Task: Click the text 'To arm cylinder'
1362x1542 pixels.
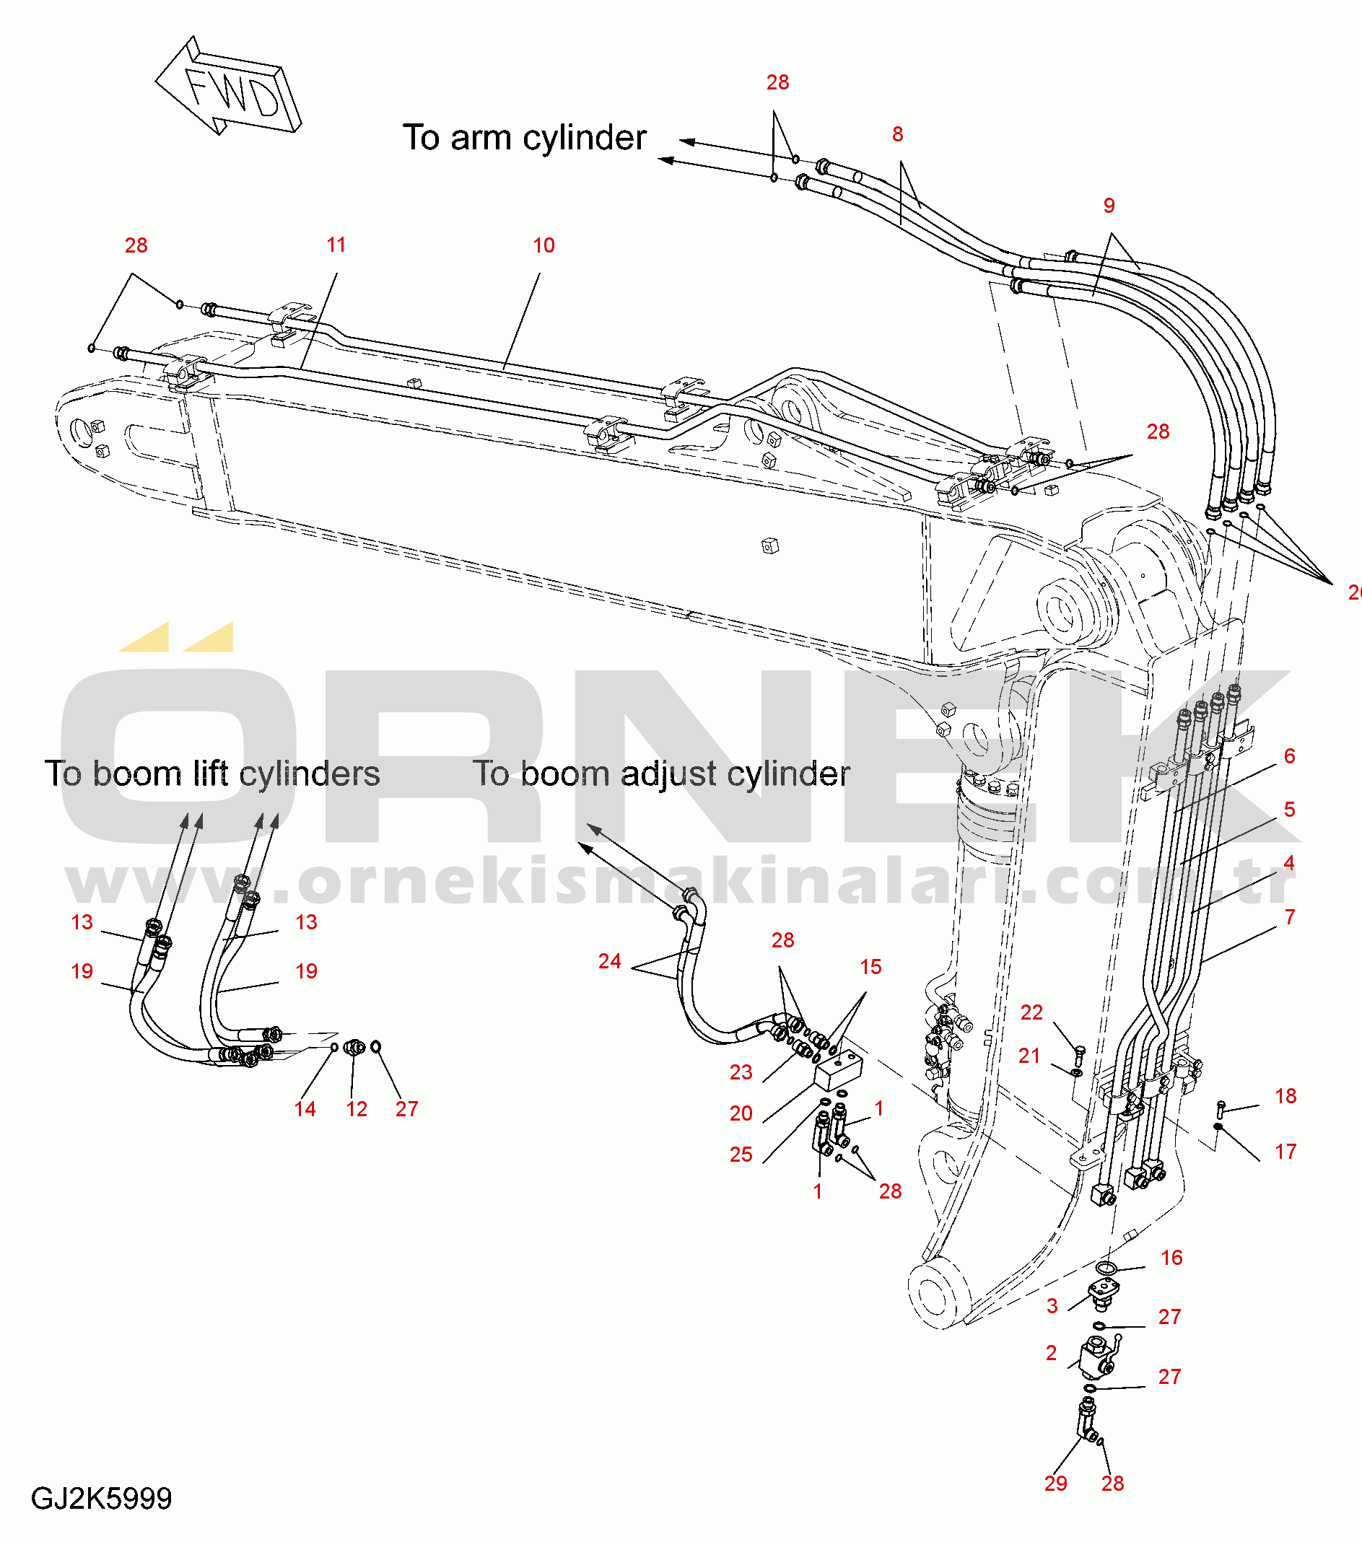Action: [524, 138]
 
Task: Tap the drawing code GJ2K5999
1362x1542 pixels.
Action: [101, 1497]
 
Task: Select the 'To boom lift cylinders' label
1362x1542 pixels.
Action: [212, 774]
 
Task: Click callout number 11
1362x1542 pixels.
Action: [336, 245]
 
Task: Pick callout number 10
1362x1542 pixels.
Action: [544, 245]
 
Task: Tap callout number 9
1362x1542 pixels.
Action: [1109, 205]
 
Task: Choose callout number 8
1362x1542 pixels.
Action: [897, 134]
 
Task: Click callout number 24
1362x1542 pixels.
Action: [609, 961]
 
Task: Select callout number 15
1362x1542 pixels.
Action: [870, 966]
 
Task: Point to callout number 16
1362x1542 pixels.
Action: [1171, 1258]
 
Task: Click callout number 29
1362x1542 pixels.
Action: [1056, 1483]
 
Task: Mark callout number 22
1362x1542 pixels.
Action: [1031, 1012]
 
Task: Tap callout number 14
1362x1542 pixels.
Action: [305, 1109]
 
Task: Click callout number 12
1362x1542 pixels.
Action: [356, 1109]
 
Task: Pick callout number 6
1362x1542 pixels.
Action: [1289, 756]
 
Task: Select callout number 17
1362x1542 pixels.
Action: [1285, 1151]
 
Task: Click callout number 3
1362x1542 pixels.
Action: [1052, 1306]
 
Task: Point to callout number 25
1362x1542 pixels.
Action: [741, 1155]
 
